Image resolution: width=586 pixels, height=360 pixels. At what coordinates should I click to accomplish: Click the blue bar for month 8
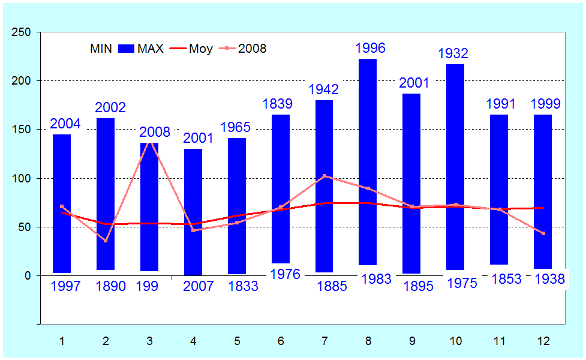coord(368,162)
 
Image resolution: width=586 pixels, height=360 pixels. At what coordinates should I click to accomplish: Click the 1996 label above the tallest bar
coord(370,48)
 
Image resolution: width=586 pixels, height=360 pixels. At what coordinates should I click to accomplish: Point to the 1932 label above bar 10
coord(453,53)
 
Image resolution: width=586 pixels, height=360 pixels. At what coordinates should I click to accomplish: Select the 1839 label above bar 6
coord(277,104)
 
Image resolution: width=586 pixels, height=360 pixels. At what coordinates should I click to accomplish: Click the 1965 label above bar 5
coord(236,127)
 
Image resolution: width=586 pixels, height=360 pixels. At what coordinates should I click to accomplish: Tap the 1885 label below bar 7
coord(332,286)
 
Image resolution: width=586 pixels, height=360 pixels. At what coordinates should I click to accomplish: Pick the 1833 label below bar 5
coord(243,286)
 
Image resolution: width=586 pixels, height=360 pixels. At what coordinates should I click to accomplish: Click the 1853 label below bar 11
coord(506,280)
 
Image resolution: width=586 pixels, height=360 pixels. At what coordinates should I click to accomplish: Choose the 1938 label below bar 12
coord(549,280)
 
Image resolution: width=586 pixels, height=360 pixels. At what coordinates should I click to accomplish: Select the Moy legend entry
coord(191,49)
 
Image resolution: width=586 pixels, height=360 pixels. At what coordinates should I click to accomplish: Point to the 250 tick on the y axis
coord(23,32)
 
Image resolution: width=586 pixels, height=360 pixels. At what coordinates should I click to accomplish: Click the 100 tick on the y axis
coord(23,178)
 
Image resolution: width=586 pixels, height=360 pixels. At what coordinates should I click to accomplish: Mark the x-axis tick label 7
coord(324,341)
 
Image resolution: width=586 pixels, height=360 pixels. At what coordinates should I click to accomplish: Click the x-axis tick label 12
coord(543,341)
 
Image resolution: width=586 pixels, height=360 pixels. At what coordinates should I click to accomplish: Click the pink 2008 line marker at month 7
coord(324,176)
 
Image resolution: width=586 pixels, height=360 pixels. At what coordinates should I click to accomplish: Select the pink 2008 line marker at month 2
coord(106,241)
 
